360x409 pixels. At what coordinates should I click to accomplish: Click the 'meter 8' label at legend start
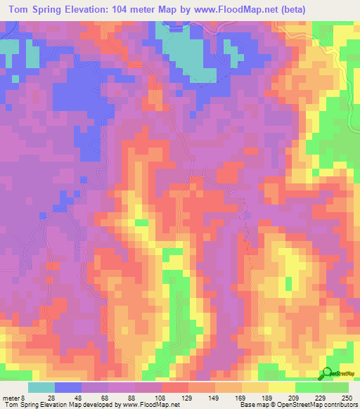pyautogui.click(x=14, y=397)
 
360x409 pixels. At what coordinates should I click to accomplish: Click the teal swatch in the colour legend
pyautogui.click(x=41, y=387)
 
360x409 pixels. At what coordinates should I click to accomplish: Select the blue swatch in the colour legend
pyautogui.click(x=68, y=387)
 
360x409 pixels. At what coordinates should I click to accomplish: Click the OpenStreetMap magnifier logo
pyautogui.click(x=326, y=374)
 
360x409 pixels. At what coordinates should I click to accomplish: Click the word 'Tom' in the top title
pyautogui.click(x=18, y=10)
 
